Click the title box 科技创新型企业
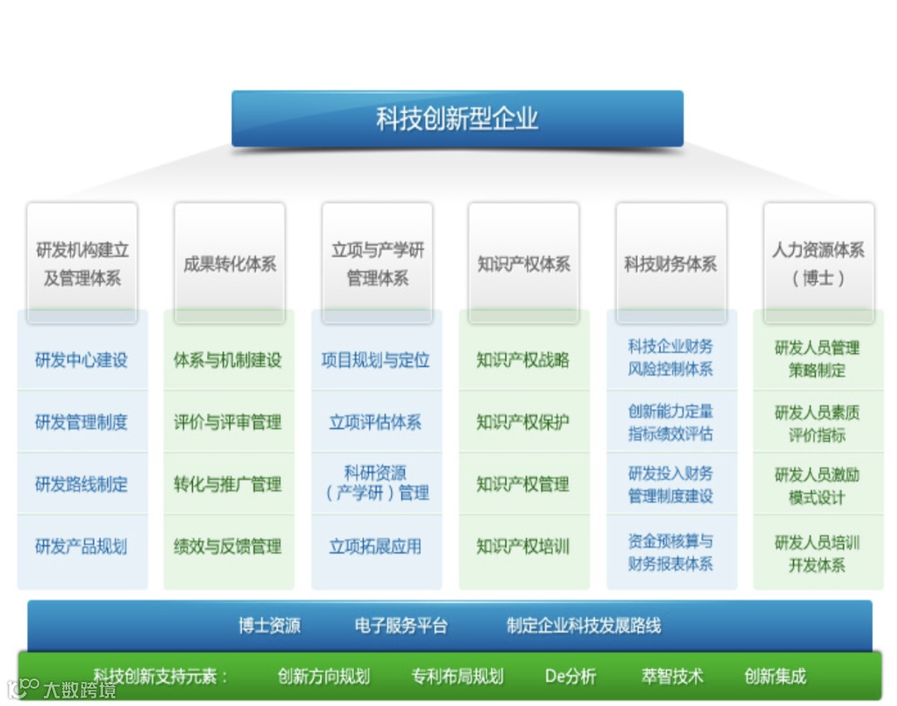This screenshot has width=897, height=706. tap(457, 119)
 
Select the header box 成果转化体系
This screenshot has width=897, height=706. tap(229, 264)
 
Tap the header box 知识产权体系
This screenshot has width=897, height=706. tap(523, 264)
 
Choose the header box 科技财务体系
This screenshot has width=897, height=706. tap(670, 264)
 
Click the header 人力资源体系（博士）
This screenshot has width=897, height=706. tap(818, 263)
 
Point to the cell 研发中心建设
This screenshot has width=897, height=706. tap(81, 360)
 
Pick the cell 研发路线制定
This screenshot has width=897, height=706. tap(81, 484)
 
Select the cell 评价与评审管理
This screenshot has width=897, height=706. tap(228, 422)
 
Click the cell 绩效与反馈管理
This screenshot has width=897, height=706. tap(228, 547)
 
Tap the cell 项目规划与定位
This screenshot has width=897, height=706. tap(375, 360)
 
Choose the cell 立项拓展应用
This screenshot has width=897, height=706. tap(375, 547)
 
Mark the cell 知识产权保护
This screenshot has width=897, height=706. tap(522, 422)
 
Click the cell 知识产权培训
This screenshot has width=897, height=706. tap(522, 547)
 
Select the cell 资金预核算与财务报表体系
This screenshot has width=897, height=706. tap(670, 552)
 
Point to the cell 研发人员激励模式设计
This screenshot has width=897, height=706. tap(817, 486)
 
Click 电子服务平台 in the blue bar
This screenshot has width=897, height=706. tap(400, 625)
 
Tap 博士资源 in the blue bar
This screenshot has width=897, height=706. tap(269, 625)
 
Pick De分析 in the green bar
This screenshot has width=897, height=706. tap(571, 676)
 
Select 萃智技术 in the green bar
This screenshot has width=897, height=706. tap(672, 676)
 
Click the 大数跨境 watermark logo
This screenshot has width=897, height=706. tap(61, 689)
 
